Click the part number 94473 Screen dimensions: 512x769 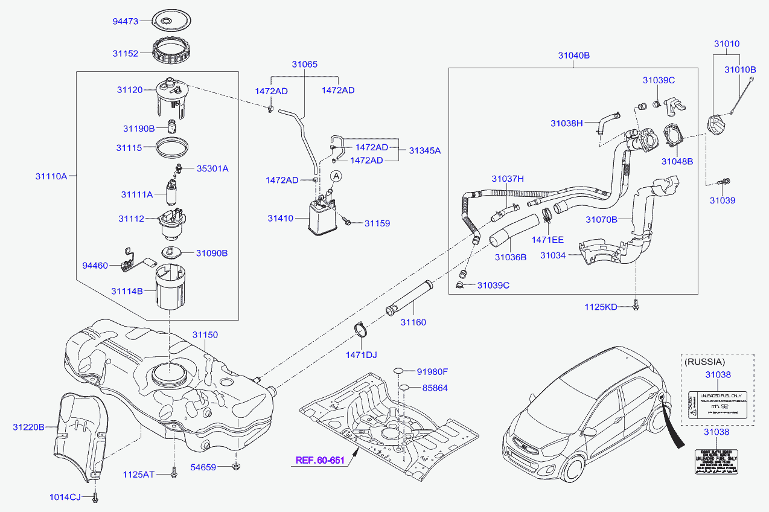126,21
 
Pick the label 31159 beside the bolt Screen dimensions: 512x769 377,223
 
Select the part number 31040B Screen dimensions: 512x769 573,56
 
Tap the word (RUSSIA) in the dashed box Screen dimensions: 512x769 704,362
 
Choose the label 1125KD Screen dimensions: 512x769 601,307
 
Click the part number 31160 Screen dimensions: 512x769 413,322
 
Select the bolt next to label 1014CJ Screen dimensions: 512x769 95,498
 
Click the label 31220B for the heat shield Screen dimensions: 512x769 28,427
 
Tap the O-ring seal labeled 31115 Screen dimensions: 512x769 173,147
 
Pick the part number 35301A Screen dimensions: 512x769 212,168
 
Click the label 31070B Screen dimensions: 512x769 601,220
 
